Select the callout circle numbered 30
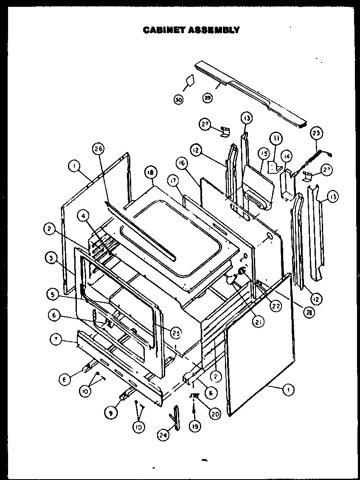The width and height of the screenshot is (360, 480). pos(179,100)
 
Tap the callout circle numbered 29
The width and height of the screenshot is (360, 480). pos(208,98)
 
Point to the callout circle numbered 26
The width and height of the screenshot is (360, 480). pos(98,149)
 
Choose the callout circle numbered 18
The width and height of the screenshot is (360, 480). pos(150,172)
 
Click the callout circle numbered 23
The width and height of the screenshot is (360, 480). pos(317,133)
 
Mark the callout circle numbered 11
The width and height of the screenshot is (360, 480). pos(276,138)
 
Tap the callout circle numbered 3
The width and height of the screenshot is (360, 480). pos(51,258)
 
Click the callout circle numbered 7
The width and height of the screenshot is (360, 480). pos(55,339)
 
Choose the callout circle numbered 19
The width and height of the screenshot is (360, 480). pos(195,426)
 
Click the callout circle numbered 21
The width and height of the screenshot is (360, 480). pos(257,322)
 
